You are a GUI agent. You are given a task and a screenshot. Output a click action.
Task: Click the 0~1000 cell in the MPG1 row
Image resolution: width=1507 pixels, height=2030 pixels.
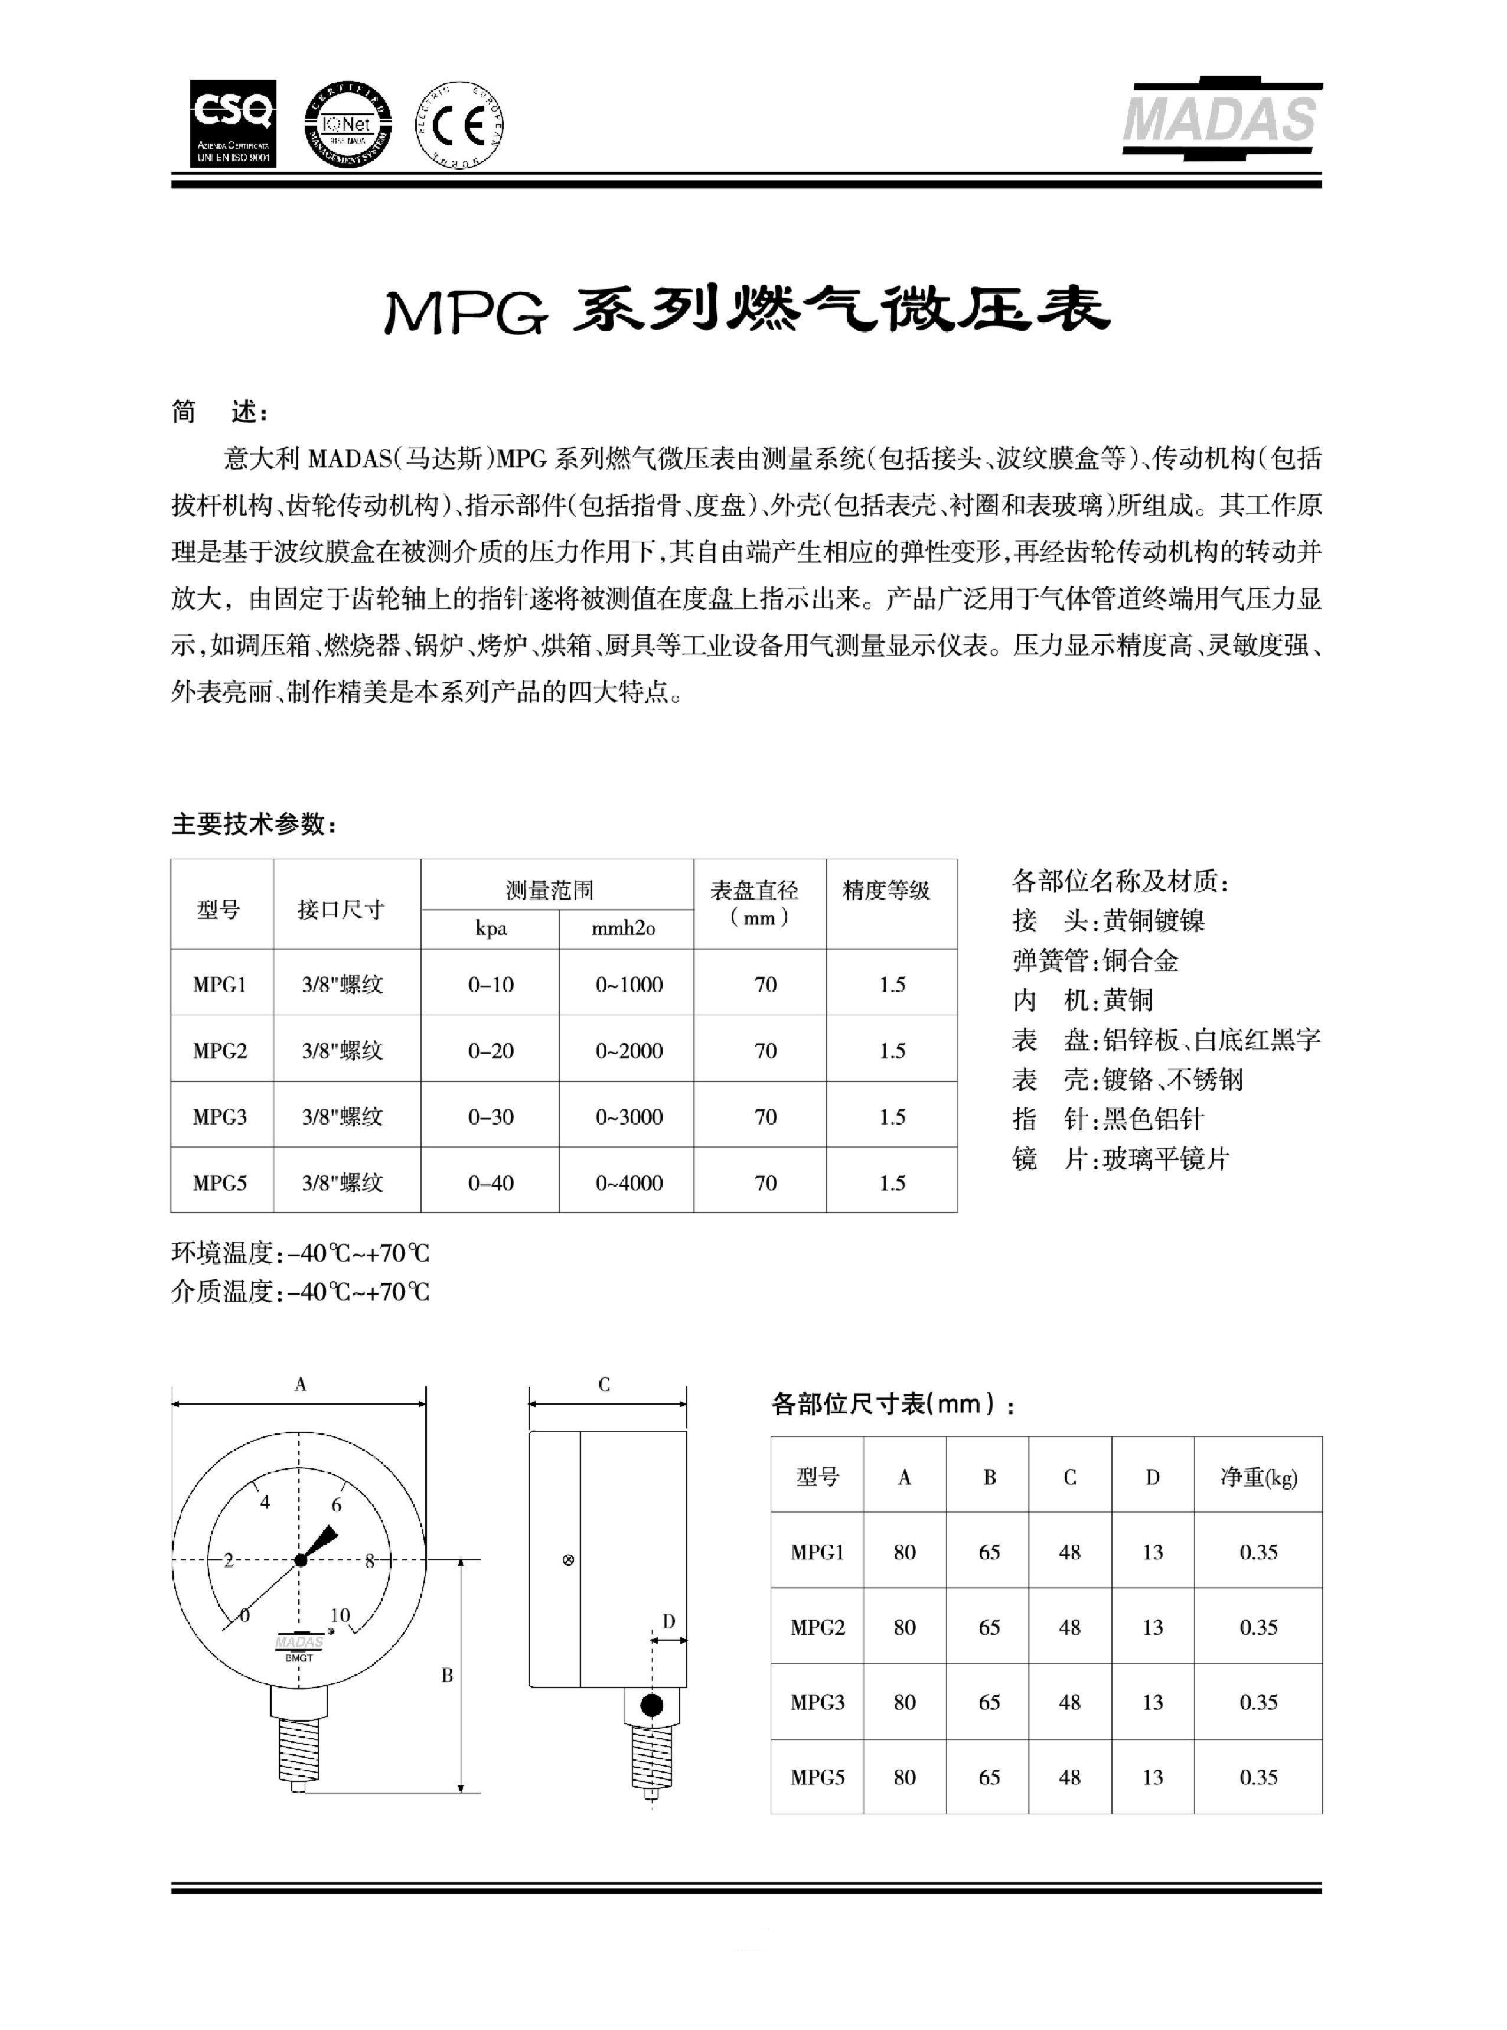click(628, 985)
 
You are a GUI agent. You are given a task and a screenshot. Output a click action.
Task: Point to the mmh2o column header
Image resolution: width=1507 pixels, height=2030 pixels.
click(623, 928)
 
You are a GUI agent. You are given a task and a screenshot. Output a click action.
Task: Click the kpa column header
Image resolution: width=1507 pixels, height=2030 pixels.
click(491, 928)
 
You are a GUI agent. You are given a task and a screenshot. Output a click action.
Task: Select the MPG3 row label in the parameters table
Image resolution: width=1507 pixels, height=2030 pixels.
click(220, 1117)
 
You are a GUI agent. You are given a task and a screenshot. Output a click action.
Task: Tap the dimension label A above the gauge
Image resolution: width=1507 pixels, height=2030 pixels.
click(300, 1384)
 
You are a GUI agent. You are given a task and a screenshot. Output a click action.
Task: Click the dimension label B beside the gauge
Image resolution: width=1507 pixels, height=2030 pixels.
click(447, 1675)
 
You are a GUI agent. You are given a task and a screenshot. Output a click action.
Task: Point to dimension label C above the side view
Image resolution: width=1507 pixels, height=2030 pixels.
click(604, 1384)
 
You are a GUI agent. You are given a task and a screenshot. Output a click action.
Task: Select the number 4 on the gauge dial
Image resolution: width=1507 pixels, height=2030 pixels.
click(266, 1502)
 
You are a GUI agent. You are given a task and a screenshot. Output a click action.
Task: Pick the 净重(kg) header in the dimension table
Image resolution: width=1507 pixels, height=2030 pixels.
click(1258, 1477)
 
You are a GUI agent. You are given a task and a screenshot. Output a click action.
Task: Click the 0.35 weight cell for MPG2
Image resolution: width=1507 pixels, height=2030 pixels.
click(1258, 1627)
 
